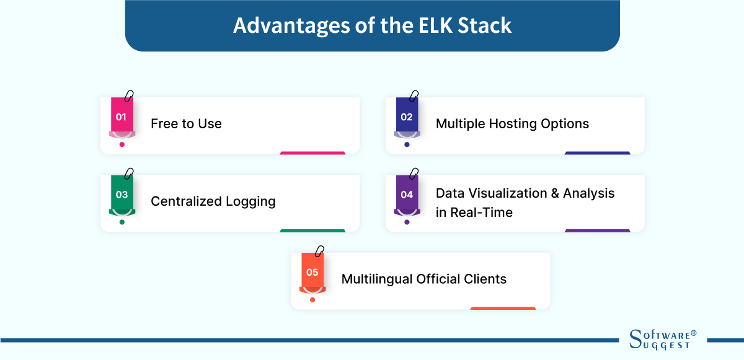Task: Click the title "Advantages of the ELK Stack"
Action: pyautogui.click(x=372, y=25)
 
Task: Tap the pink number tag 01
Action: pyautogui.click(x=122, y=117)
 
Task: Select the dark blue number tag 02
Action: pyautogui.click(x=407, y=117)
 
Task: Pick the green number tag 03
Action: pyautogui.click(x=122, y=195)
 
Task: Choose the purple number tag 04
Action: pyautogui.click(x=407, y=195)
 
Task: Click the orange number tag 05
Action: pyautogui.click(x=312, y=272)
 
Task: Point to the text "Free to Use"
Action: pyautogui.click(x=186, y=124)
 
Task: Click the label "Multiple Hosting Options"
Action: pyautogui.click(x=512, y=124)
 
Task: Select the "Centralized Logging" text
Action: pyautogui.click(x=213, y=201)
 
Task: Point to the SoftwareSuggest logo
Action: pyautogui.click(x=662, y=339)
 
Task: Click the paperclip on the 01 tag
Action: pyautogui.click(x=129, y=95)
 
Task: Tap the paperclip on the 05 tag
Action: pyautogui.click(x=319, y=250)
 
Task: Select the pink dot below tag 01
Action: pyautogui.click(x=122, y=144)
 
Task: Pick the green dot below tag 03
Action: pyautogui.click(x=122, y=222)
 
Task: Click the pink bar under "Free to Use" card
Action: pyautogui.click(x=312, y=152)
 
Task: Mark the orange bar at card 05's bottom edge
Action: pyautogui.click(x=503, y=307)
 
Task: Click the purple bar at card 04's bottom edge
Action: pyautogui.click(x=598, y=230)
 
